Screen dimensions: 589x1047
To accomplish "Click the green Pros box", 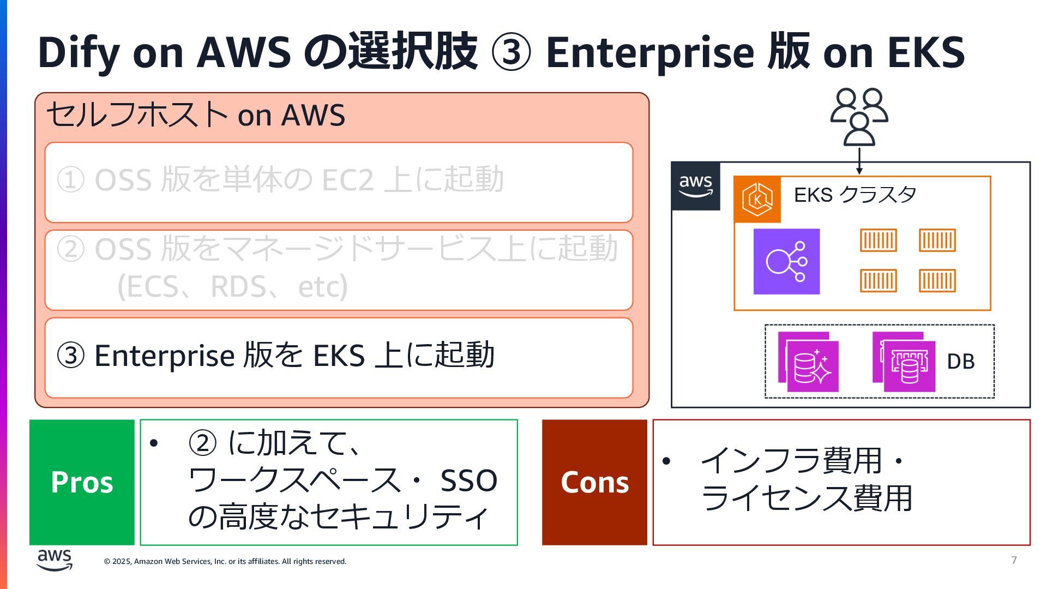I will point(82,482).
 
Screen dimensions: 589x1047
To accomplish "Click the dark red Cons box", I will point(594,482).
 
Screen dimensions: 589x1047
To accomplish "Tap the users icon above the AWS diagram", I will point(859,117).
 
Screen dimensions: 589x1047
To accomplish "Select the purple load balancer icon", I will point(786,261).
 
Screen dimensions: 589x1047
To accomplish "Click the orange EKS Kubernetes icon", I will point(757,200).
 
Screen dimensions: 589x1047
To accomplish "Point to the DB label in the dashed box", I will point(960,362).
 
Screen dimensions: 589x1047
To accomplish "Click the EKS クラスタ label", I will point(855,195).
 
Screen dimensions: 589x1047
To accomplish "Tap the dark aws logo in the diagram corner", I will point(696,186).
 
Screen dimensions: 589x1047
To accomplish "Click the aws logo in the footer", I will point(55,560).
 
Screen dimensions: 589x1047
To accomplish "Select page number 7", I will point(1014,560).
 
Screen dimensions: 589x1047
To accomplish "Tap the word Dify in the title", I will point(78,52).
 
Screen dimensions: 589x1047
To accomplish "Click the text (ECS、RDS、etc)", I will point(232,286).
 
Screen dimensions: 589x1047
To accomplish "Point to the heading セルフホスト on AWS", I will point(196,115).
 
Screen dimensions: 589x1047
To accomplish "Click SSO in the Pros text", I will point(468,480).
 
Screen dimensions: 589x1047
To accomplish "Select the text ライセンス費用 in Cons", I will point(806,498).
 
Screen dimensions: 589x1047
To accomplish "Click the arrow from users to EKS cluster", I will point(859,160).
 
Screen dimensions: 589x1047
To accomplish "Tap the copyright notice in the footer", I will point(225,561).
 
